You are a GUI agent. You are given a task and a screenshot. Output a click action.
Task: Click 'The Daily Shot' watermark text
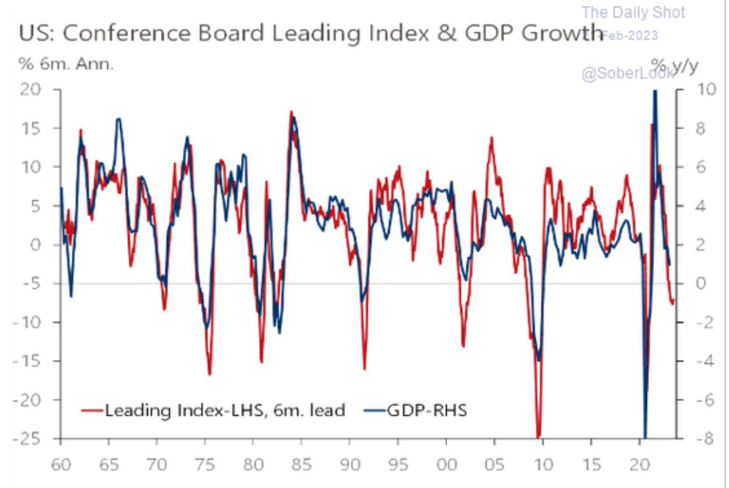click(634, 12)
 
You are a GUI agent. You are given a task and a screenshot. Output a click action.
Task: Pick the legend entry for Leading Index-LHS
click(213, 410)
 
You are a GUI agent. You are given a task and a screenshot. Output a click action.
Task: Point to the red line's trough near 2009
click(538, 435)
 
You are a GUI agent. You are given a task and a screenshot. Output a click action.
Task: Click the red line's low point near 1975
click(210, 374)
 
